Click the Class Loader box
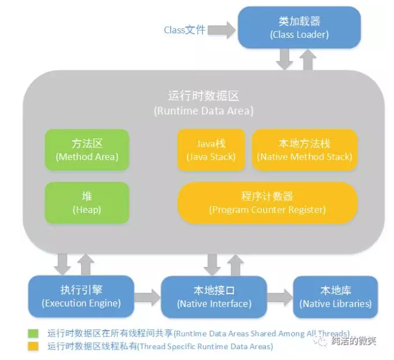pyautogui.click(x=299, y=28)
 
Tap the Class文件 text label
pyautogui.click(x=184, y=30)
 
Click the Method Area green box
pyautogui.click(x=87, y=149)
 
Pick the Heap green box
pyautogui.click(x=87, y=203)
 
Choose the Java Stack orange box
pyautogui.click(x=211, y=149)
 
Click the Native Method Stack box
pyautogui.click(x=304, y=149)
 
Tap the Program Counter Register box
pyautogui.click(x=268, y=203)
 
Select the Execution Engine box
pyautogui.click(x=81, y=296)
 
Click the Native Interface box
pyautogui.click(x=214, y=296)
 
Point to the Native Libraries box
pyautogui.click(x=335, y=296)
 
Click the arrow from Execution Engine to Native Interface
pyautogui.click(x=148, y=297)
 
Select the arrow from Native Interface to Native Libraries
pyautogui.click(x=280, y=297)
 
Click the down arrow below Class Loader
pyautogui.click(x=284, y=59)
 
